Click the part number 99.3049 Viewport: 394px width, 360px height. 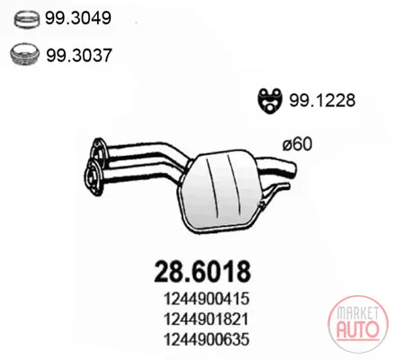[78, 18]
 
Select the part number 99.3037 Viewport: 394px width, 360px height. [79, 55]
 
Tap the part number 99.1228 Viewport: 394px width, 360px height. [322, 100]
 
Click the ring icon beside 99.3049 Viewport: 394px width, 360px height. [27, 19]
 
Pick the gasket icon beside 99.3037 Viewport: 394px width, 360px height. [24, 54]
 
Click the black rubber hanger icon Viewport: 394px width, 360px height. [270, 101]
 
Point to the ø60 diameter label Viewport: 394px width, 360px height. [297, 144]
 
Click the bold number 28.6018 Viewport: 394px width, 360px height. [202, 272]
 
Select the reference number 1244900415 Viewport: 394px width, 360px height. [207, 299]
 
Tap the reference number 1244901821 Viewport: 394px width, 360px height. [206, 319]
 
